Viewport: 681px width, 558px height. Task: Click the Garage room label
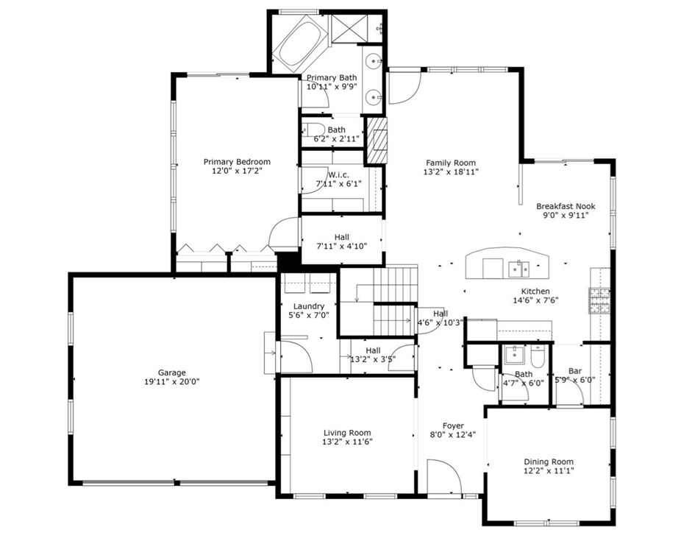tap(171, 372)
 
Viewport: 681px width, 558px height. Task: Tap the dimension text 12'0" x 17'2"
tap(237, 171)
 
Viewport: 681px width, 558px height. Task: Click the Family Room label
tap(450, 163)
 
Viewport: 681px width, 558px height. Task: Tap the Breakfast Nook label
tap(565, 207)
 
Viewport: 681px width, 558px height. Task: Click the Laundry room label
tap(308, 306)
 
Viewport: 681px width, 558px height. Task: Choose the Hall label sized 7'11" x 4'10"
tap(341, 237)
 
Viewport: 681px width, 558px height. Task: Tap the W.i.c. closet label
tap(338, 174)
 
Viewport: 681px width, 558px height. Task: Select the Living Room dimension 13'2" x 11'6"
tap(347, 442)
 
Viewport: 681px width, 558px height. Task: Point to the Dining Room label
tap(548, 462)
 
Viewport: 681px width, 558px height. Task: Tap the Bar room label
tap(575, 371)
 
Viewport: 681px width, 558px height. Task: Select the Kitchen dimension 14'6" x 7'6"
tap(535, 301)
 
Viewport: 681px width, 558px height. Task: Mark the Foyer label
tap(452, 425)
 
